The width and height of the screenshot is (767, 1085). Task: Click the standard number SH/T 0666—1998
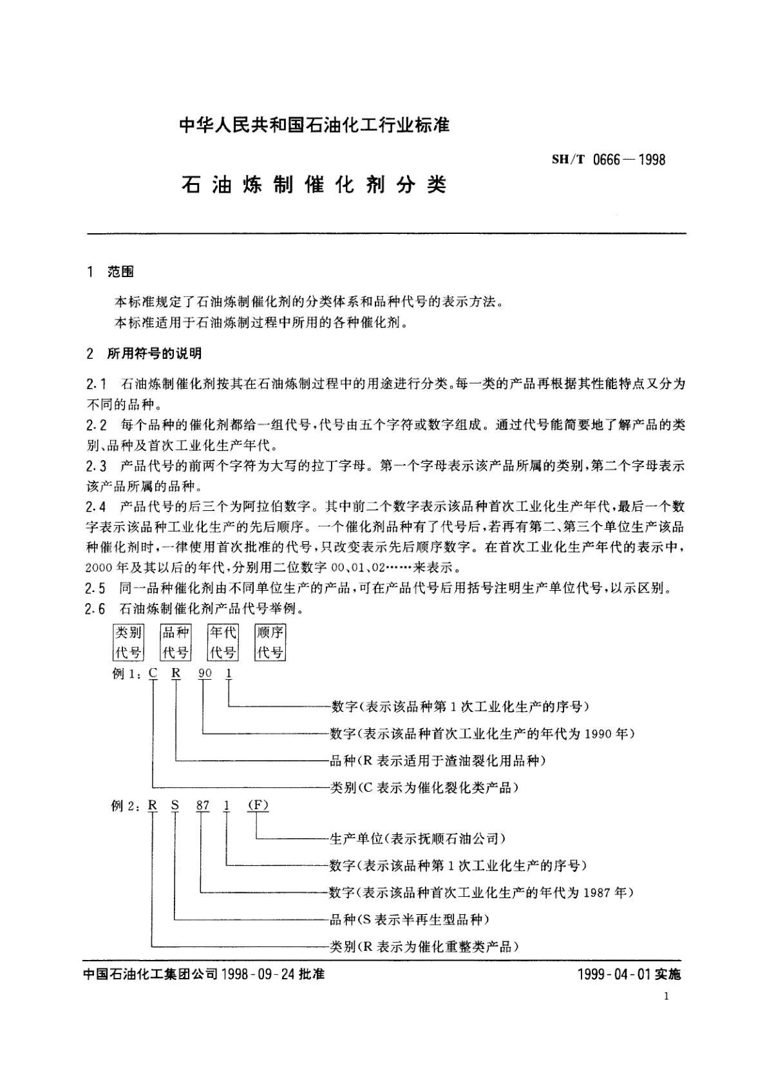click(609, 159)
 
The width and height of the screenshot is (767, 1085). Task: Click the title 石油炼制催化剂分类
click(314, 185)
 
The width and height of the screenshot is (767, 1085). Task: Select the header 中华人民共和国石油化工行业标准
click(314, 124)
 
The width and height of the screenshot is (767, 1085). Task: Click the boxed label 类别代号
click(128, 642)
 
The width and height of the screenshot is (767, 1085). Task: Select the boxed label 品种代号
click(175, 642)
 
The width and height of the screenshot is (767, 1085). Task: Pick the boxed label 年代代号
click(223, 642)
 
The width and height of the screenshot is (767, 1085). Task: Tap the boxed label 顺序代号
click(270, 642)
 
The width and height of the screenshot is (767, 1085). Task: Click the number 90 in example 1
click(205, 674)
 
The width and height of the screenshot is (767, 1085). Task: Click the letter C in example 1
click(153, 674)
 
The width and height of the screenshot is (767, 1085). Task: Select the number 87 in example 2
click(204, 807)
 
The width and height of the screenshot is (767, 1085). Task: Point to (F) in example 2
click(257, 807)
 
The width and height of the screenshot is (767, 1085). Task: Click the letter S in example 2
click(175, 807)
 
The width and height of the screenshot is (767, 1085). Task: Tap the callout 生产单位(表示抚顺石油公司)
click(417, 839)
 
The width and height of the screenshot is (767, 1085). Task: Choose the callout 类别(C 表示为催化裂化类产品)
click(424, 787)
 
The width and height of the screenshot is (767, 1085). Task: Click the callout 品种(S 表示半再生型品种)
click(410, 919)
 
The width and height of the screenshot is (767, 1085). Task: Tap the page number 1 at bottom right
click(666, 997)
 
